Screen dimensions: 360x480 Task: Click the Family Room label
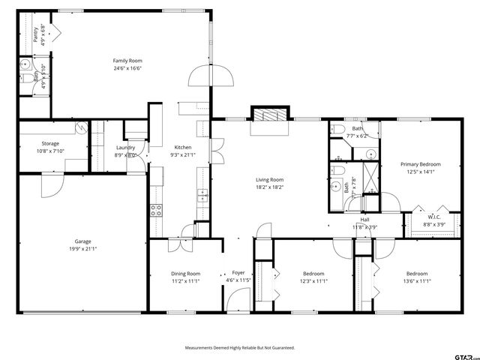coord(127,61)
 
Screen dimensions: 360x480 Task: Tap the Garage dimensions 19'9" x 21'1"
coord(82,249)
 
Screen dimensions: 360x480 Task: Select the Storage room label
coord(50,143)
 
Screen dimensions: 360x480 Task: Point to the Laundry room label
coord(124,148)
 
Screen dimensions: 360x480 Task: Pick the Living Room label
coord(269,179)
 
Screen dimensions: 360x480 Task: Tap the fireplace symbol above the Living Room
coord(268,115)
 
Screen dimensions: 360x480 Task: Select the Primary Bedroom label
coord(420,164)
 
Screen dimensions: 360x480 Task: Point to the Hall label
coord(364,220)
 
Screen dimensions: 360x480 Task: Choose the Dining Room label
coord(185,274)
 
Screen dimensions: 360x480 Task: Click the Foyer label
coord(238,273)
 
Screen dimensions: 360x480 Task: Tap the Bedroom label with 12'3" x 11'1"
coord(313,274)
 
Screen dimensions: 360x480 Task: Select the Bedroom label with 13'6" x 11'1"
coord(416,274)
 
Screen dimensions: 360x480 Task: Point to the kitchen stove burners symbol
coord(157,210)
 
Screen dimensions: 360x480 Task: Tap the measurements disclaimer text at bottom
coord(240,348)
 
